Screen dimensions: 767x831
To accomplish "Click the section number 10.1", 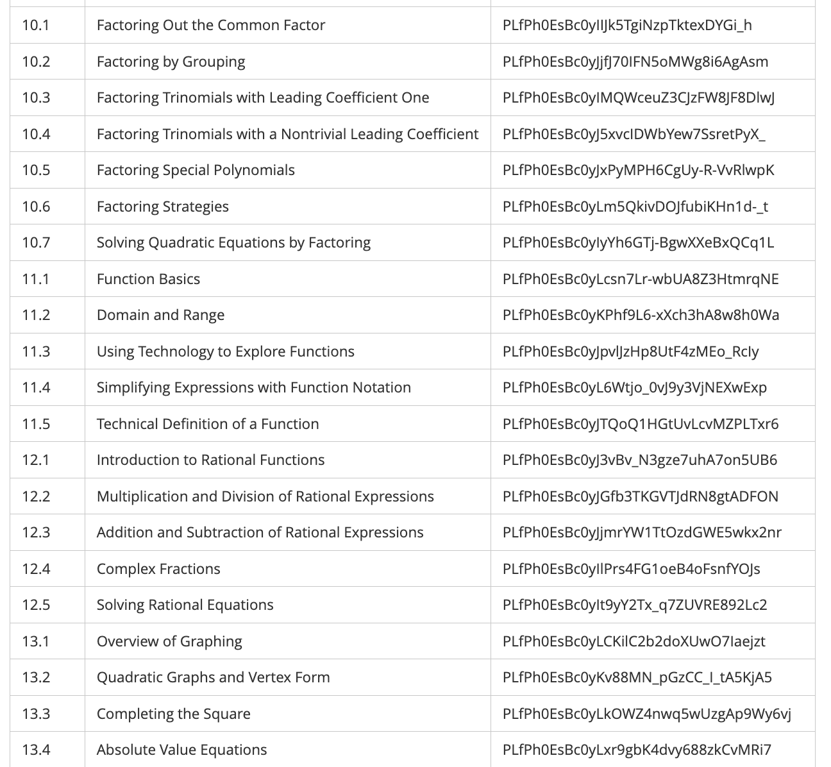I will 35,26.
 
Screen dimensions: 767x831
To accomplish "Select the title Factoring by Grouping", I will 171,62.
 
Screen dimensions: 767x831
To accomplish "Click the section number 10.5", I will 35,170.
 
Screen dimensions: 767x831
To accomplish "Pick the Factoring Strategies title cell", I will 162,206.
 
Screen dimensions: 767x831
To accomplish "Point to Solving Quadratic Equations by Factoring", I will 233,242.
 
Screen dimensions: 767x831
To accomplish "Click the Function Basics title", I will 148,279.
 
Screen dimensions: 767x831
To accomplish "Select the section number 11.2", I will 35,315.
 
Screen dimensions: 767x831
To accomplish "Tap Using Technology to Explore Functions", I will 225,351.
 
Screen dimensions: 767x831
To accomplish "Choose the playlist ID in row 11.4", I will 634,387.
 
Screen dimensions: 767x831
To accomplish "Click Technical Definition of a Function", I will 207,424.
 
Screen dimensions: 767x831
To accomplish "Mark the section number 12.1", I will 35,460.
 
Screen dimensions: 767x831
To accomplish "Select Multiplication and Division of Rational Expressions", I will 265,496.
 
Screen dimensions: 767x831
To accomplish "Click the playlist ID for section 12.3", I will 642,532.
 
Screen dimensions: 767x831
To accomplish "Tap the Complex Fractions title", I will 158,569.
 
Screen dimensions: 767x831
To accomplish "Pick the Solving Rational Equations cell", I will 185,605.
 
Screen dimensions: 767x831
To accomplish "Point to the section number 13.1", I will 35,641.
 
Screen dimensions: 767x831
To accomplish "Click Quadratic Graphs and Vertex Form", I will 213,677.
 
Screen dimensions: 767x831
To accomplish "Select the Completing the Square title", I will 173,714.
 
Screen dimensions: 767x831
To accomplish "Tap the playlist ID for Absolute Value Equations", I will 637,750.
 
